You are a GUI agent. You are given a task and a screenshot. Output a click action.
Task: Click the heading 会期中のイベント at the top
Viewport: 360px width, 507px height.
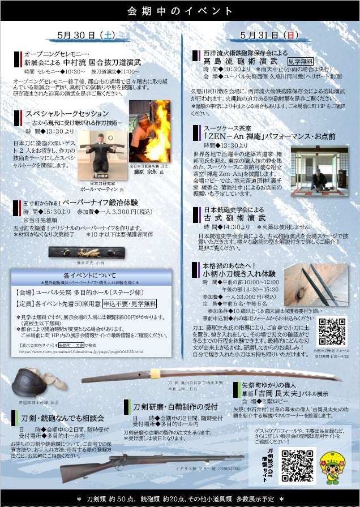[180, 11]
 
